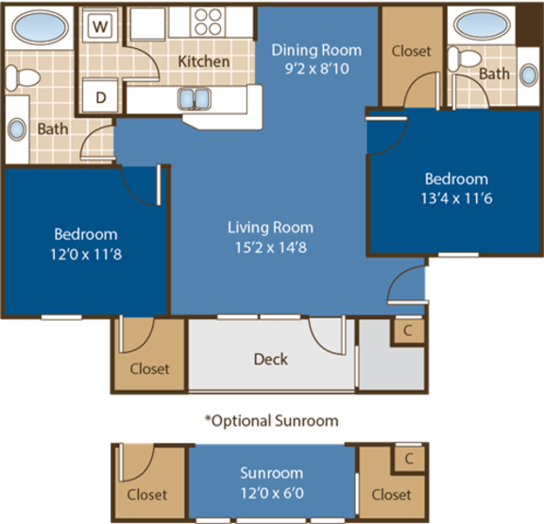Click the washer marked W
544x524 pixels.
[98, 25]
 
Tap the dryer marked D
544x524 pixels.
[98, 95]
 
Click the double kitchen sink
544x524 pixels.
[195, 97]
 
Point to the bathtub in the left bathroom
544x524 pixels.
[35, 25]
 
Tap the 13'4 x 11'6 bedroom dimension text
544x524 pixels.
[456, 197]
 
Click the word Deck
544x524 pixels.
[270, 359]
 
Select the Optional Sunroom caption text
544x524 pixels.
[271, 419]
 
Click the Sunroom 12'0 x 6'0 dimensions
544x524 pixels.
[271, 491]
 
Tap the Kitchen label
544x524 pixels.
[204, 61]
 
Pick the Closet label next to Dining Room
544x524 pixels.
[410, 51]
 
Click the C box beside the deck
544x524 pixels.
[407, 330]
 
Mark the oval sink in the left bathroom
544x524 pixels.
[16, 128]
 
